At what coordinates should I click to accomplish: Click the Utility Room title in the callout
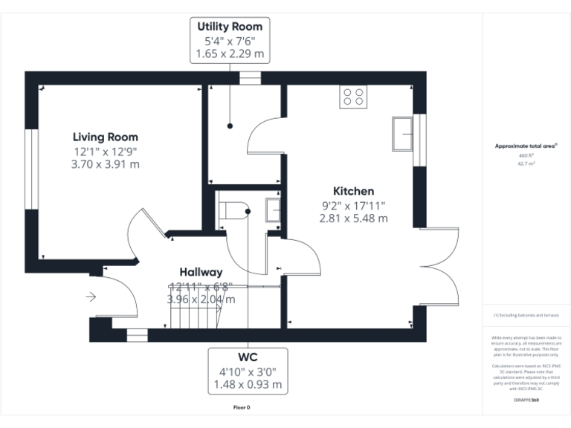click(229, 27)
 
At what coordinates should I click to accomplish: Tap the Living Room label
click(105, 137)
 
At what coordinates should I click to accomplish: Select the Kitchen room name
click(353, 191)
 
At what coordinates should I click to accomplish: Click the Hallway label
click(201, 272)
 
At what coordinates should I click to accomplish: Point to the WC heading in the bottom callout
click(248, 357)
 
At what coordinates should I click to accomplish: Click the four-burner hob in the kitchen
click(352, 97)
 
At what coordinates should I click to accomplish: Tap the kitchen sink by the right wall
click(404, 133)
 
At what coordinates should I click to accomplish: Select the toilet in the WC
click(236, 210)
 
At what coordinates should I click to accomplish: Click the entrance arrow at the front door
click(91, 297)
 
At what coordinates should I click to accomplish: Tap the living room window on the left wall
click(31, 170)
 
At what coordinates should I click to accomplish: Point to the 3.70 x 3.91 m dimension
click(105, 164)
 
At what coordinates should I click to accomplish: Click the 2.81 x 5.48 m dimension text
click(353, 218)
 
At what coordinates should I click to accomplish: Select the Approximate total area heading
click(526, 146)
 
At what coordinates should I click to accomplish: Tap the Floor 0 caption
click(242, 407)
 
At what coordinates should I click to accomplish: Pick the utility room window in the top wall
click(250, 77)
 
